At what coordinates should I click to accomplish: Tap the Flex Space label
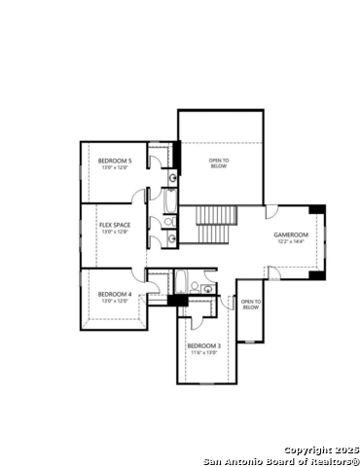(114, 225)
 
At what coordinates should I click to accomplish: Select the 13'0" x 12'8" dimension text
(114, 232)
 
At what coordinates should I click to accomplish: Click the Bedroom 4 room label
(115, 294)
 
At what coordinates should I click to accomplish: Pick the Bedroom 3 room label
(204, 345)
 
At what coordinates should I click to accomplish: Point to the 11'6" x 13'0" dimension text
(204, 352)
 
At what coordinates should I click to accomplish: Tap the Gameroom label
(290, 234)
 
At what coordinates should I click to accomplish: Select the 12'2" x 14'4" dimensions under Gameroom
(290, 241)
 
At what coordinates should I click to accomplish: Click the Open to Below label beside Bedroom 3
(250, 305)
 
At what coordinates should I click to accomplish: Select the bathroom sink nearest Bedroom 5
(172, 178)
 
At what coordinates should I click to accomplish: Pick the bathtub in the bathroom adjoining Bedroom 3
(180, 283)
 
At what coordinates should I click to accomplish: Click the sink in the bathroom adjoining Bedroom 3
(209, 289)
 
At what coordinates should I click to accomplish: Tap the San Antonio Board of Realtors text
(282, 460)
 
